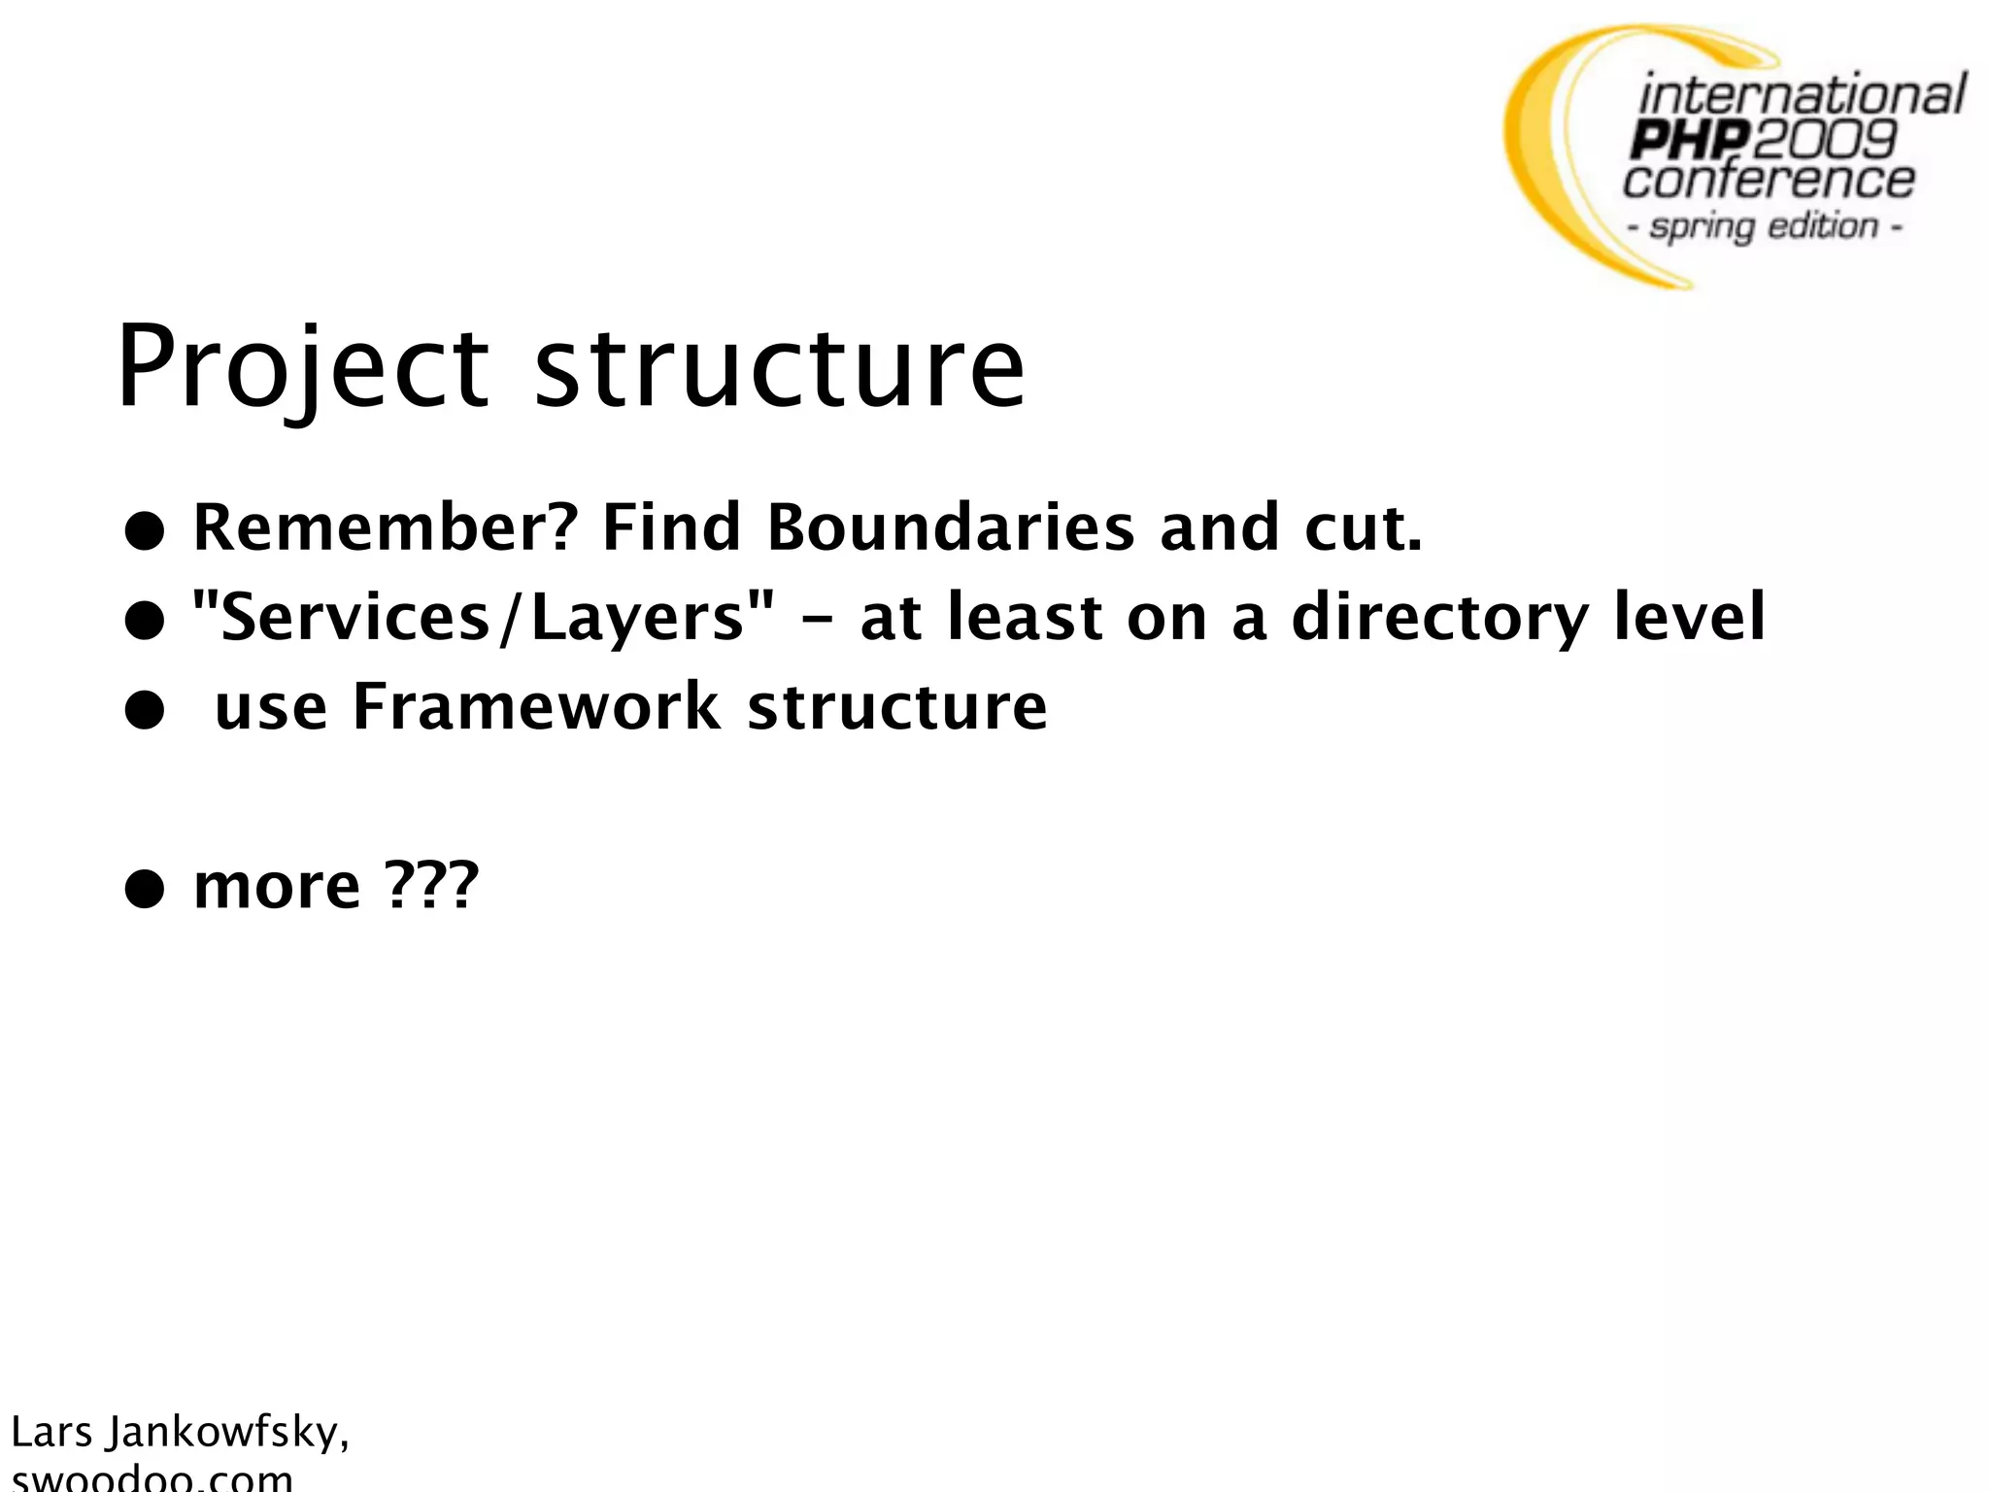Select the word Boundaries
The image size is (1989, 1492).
pyautogui.click(x=950, y=527)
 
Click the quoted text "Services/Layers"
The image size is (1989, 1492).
pyautogui.click(x=484, y=618)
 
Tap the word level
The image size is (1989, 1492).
pyautogui.click(x=1689, y=618)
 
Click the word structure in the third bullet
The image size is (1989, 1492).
pyautogui.click(x=897, y=706)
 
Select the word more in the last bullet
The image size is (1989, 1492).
pyautogui.click(x=277, y=886)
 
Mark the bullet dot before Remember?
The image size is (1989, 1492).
pyautogui.click(x=144, y=532)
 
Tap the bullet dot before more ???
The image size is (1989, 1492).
pyautogui.click(x=144, y=890)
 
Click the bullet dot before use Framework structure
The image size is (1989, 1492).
pyautogui.click(x=144, y=712)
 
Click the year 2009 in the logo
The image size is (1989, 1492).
pyautogui.click(x=1823, y=140)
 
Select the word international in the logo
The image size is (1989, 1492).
pyautogui.click(x=1802, y=96)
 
